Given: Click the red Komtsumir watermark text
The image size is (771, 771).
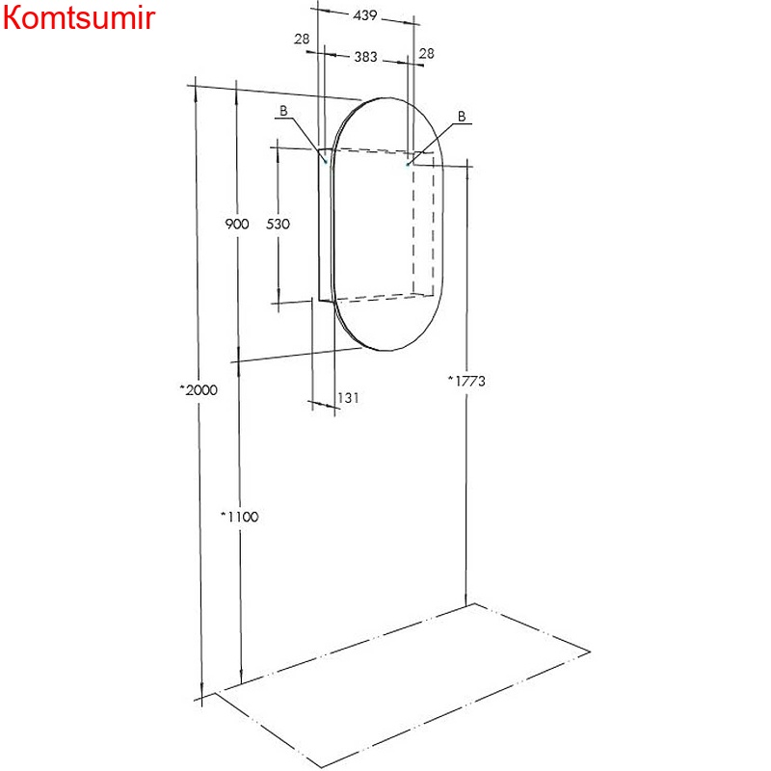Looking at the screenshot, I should pos(77,19).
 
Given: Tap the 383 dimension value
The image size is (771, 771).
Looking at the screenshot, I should pos(364,57).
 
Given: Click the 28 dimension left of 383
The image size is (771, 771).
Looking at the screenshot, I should pos(302,38).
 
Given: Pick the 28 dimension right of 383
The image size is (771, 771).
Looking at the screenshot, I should pos(427,53).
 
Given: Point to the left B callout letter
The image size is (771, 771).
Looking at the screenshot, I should pos(283,111).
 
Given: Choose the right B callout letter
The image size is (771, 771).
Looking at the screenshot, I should pos(462,116).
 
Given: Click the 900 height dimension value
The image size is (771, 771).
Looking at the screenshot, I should pos(237,224).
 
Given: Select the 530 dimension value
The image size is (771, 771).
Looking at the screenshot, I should pos(278,224).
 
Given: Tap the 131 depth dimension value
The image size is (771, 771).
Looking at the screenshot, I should pos(348,397).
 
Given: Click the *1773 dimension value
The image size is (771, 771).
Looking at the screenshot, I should pos(465,381).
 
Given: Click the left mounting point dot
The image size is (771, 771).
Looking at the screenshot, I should pos(326,163).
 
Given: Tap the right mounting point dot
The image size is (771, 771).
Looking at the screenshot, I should pos(409,165).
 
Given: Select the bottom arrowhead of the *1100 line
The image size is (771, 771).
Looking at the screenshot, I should pos(240,675).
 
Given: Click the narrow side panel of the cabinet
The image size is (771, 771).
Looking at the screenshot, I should pos(325,226).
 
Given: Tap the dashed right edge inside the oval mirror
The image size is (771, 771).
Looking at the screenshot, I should pos(433,231).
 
